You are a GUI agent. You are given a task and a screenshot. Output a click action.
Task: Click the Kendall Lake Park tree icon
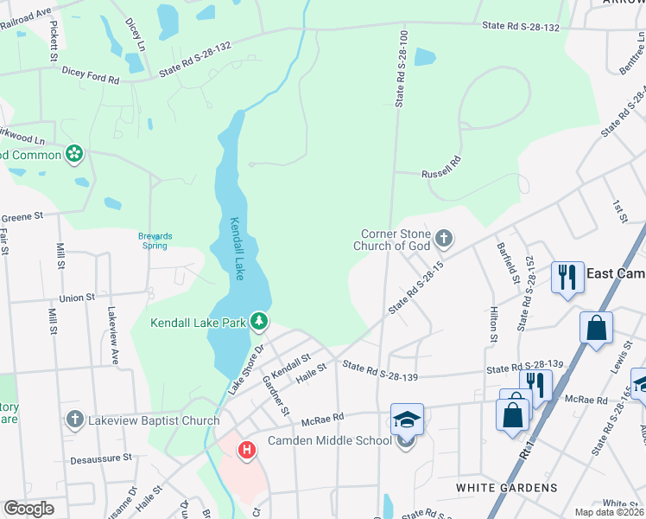pyautogui.click(x=258, y=322)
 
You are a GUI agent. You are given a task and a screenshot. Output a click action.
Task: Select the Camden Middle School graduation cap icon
pyautogui.click(x=407, y=420)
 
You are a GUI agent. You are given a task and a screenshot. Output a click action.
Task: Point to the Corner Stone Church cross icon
pyautogui.click(x=444, y=238)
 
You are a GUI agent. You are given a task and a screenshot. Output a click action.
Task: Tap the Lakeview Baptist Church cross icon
pyautogui.click(x=75, y=420)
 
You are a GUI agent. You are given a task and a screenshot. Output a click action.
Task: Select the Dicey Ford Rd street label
pyautogui.click(x=90, y=77)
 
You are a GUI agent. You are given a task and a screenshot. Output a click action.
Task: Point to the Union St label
pyautogui.click(x=77, y=298)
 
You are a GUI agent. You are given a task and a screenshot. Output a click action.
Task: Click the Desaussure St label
pyautogui.click(x=101, y=456)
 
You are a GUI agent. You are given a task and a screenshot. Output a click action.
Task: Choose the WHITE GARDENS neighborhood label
pyautogui.click(x=507, y=488)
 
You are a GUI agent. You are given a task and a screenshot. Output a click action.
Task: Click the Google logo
pyautogui.click(x=28, y=509)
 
